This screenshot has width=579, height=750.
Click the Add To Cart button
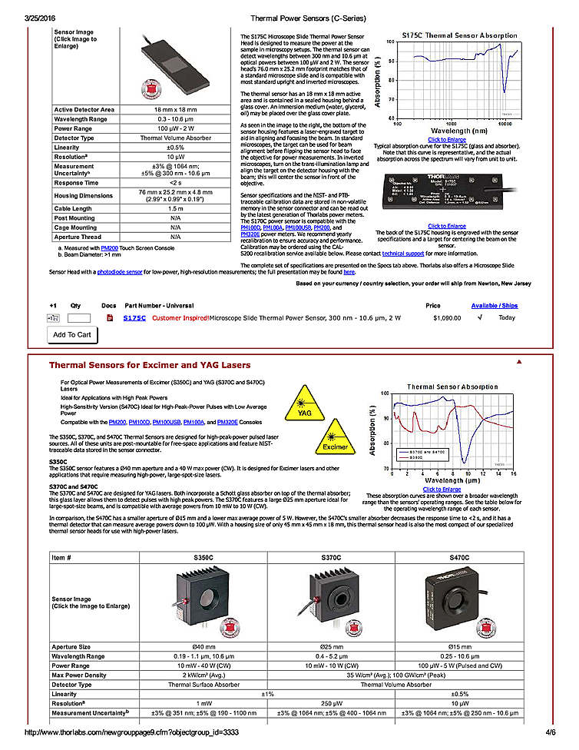(72, 334)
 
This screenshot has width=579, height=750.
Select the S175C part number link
(134, 317)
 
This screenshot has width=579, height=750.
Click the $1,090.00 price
(446, 317)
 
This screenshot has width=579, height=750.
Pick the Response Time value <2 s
(175, 184)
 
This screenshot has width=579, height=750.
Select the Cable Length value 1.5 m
(175, 208)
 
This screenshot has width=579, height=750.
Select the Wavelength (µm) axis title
(450, 480)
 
